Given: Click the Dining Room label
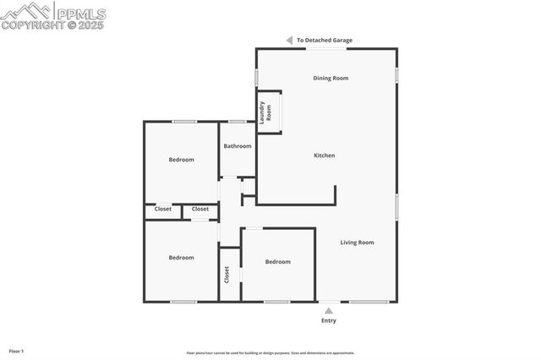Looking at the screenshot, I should click(331, 79).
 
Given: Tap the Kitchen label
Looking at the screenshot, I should click(325, 155).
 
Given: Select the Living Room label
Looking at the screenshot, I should click(357, 243).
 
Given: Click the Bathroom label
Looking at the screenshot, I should click(238, 146).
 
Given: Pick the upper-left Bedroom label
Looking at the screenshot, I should click(181, 160).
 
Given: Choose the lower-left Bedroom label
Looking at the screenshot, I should click(181, 258).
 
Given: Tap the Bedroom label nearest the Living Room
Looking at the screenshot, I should click(278, 262).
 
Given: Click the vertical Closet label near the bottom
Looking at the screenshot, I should click(227, 275).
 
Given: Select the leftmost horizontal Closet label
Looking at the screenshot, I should click(163, 209).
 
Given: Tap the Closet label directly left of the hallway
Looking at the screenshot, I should click(200, 209).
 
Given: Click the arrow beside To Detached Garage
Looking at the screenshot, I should click(289, 40).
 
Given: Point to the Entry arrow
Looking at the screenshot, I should click(329, 311).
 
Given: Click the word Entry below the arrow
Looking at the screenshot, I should click(329, 321).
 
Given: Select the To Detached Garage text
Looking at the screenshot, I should click(325, 40).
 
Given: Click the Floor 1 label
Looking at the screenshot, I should click(16, 351).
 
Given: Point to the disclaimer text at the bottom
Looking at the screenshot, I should click(270, 353).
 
